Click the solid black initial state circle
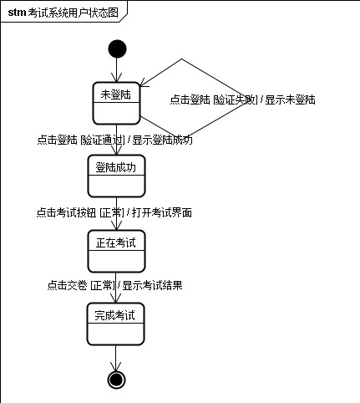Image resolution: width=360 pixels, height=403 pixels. [x=117, y=48]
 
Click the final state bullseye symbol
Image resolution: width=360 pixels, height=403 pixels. [x=116, y=380]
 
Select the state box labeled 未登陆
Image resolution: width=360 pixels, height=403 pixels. [x=116, y=103]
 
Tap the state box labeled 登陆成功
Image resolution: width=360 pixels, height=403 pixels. [x=116, y=176]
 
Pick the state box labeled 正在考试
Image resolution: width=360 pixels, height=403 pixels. [x=116, y=251]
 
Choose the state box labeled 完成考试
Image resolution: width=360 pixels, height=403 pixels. [x=115, y=324]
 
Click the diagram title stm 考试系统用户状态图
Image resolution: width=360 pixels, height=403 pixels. [x=63, y=13]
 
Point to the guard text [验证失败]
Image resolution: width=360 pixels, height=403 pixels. [x=236, y=99]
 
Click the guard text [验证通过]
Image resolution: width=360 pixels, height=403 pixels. [x=103, y=140]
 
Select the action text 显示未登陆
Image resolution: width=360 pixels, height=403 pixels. [x=290, y=99]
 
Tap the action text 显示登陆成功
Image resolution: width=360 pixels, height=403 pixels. [x=162, y=140]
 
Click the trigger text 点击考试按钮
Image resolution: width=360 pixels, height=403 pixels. [x=66, y=212]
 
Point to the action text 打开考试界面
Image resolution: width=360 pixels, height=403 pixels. [x=162, y=212]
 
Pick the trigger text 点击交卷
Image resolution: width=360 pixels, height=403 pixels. [x=67, y=285]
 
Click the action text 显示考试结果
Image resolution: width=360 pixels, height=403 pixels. [x=152, y=285]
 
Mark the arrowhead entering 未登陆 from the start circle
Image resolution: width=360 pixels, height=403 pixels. [x=117, y=78]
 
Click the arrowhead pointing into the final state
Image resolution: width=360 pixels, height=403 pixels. [x=116, y=366]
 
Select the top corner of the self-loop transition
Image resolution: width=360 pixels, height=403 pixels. [x=182, y=59]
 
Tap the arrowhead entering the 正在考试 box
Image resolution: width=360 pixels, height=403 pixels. [x=116, y=226]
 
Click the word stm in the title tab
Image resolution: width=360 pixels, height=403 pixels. [x=17, y=13]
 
